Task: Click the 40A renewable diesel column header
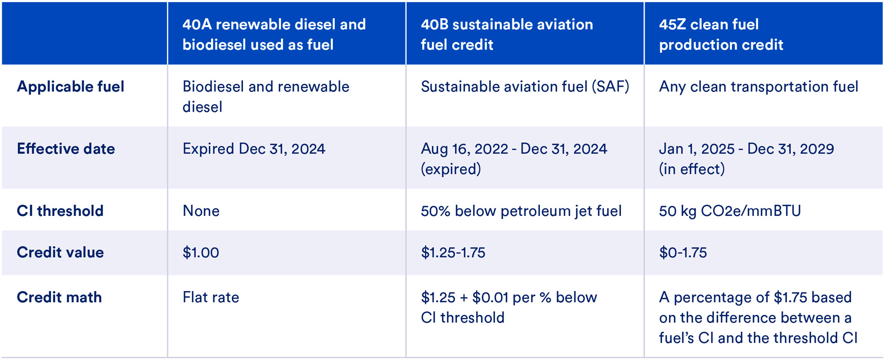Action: click(274, 34)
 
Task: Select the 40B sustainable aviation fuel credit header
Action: click(507, 34)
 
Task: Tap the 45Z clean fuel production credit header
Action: click(721, 34)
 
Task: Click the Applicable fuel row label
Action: click(70, 87)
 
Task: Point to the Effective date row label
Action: click(66, 149)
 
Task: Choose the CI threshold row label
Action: click(60, 211)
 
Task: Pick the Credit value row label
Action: click(60, 253)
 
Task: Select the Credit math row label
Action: click(59, 297)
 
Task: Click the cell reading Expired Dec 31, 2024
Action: click(254, 149)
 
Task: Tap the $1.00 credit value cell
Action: click(201, 253)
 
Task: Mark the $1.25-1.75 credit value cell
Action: click(453, 253)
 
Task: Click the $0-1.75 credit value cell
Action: click(683, 253)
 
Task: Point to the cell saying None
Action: click(201, 211)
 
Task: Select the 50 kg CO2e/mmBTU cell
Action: click(730, 211)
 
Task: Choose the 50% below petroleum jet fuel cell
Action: click(521, 211)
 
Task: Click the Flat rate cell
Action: click(211, 297)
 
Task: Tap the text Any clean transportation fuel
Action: click(758, 87)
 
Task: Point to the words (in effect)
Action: click(692, 169)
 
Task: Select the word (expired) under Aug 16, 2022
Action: click(450, 169)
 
